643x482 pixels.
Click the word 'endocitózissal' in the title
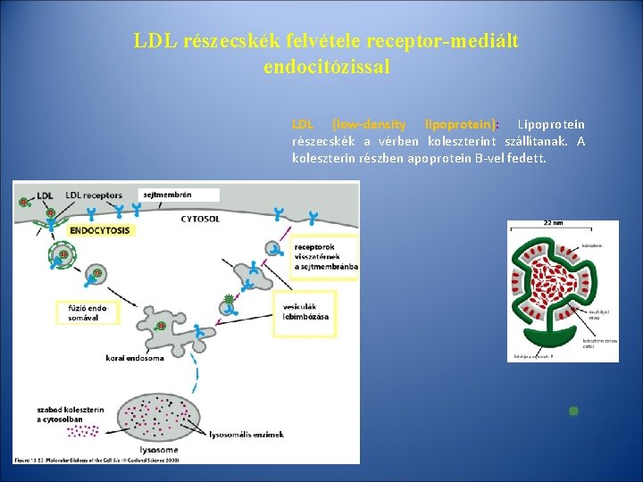coord(327,66)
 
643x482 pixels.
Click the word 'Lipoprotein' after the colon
coord(551,124)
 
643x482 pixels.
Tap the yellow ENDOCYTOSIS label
coord(100,230)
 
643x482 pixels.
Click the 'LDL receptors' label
coord(94,195)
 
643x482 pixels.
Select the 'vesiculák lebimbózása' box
coord(306,312)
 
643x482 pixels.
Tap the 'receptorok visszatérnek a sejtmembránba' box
coord(324,254)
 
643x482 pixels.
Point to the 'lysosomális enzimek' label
coord(246,435)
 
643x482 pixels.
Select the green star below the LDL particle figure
coord(573,411)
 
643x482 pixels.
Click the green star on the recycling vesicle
coord(229,299)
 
